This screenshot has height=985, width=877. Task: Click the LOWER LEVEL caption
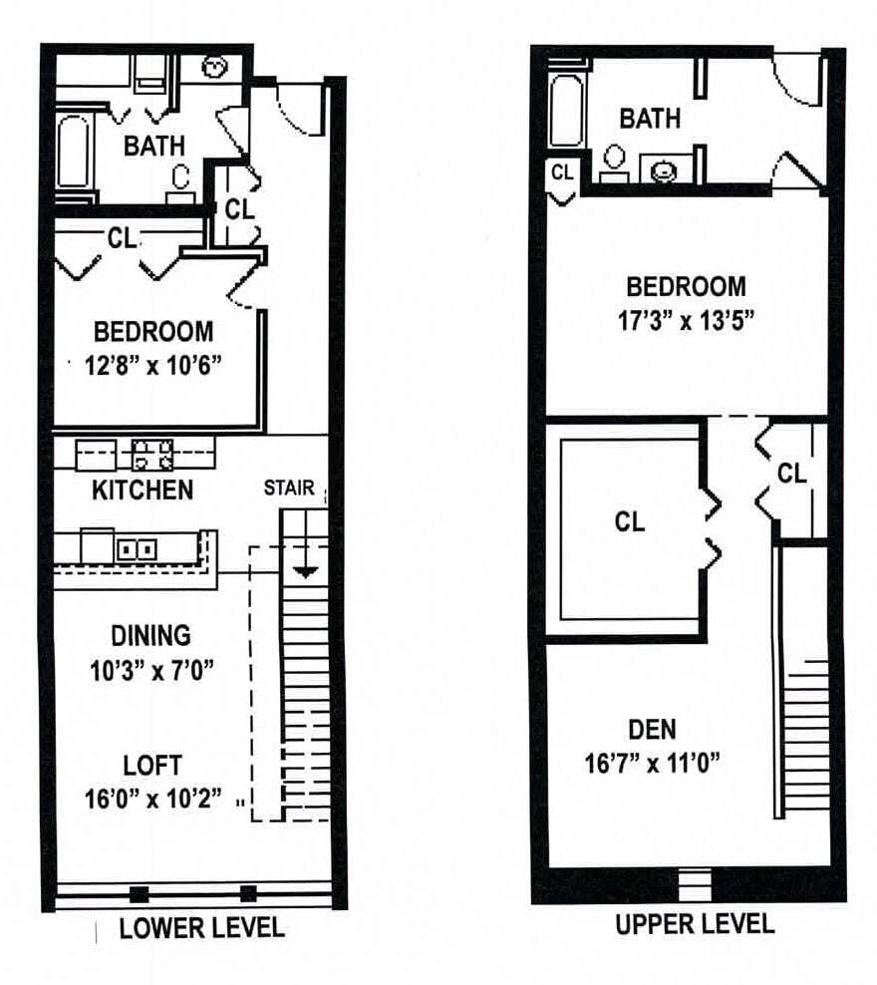coord(201,927)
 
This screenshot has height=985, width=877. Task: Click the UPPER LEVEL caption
coord(694,923)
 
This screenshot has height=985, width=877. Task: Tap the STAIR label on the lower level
coord(289,489)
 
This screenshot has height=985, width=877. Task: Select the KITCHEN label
coord(143,491)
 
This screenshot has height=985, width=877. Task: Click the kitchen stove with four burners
coord(153,455)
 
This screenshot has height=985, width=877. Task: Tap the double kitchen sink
coord(133,549)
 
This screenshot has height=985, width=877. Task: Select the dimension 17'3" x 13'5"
coord(686,321)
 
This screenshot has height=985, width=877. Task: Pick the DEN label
coord(652,729)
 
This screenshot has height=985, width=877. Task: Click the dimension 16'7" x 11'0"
coord(652,764)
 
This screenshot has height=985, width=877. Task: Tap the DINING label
coord(150,635)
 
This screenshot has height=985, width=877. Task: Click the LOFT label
coord(152,766)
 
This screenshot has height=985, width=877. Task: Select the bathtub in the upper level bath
coord(565,116)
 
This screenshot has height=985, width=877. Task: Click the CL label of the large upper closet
coord(629,521)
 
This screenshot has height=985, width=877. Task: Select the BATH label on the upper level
coord(650,119)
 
